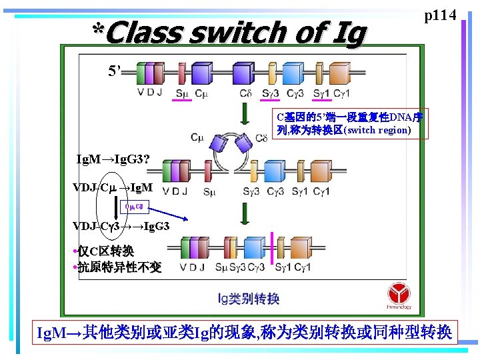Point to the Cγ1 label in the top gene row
(341, 93)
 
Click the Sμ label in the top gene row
(181, 93)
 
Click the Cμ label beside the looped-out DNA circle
(197, 138)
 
